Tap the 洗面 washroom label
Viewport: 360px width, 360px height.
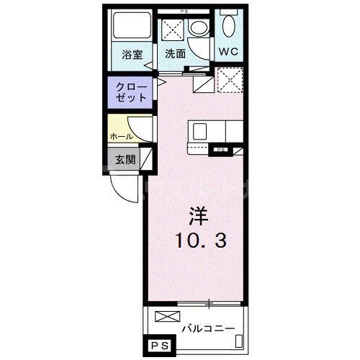coord(175,53)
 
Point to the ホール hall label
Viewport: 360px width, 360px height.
coord(120,135)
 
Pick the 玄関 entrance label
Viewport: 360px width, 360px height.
coord(122,159)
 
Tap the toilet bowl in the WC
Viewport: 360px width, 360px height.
coord(229,27)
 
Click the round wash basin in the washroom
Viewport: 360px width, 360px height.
coord(199,28)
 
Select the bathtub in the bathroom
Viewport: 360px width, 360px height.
coord(130,26)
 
